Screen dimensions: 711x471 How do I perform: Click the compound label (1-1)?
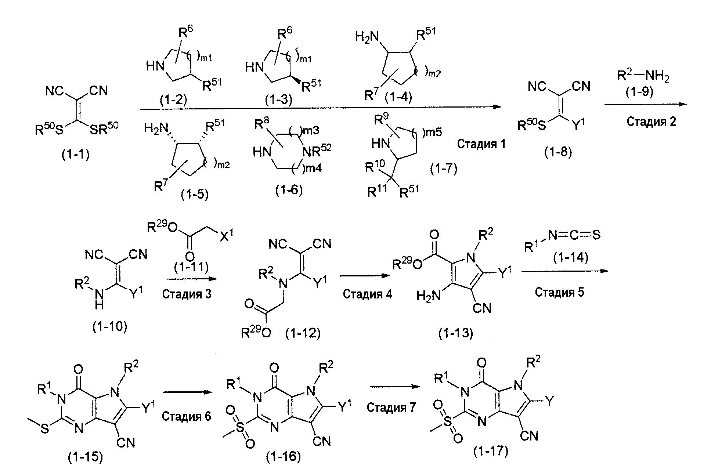pyautogui.click(x=75, y=155)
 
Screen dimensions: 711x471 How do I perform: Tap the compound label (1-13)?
pyautogui.click(x=456, y=333)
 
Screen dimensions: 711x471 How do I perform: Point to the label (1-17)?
pyautogui.click(x=491, y=450)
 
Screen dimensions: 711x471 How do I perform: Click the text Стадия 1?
pyautogui.click(x=481, y=144)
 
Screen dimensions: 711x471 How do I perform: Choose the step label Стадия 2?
pyautogui.click(x=651, y=121)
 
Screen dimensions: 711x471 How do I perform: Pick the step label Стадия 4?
pyautogui.click(x=367, y=294)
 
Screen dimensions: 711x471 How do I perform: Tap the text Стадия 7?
pyautogui.click(x=391, y=407)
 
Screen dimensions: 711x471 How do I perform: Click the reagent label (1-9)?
pyautogui.click(x=639, y=92)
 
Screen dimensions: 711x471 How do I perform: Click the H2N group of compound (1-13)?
pyautogui.click(x=428, y=296)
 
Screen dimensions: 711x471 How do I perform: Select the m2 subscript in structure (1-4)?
pyautogui.click(x=433, y=73)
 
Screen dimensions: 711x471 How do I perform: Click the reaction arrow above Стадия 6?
pyautogui.click(x=188, y=392)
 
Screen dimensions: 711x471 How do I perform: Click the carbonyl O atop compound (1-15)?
pyautogui.click(x=78, y=368)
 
